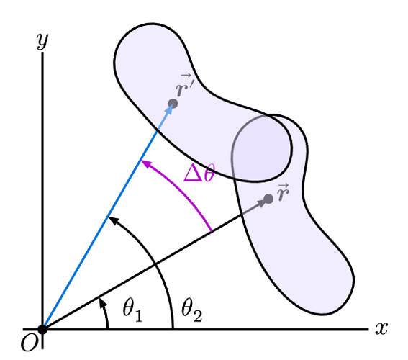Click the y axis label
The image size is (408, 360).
click(x=42, y=41)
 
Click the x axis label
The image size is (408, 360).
click(x=381, y=328)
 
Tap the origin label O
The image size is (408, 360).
click(x=29, y=343)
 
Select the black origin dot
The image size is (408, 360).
click(x=42, y=329)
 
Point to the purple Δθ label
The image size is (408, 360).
click(x=199, y=173)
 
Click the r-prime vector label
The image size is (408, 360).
click(x=184, y=85)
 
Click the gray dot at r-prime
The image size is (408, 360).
click(x=173, y=104)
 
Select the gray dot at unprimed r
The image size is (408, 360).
click(x=268, y=199)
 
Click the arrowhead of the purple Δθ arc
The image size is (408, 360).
click(x=145, y=163)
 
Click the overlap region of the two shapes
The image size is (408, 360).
click(x=260, y=148)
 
